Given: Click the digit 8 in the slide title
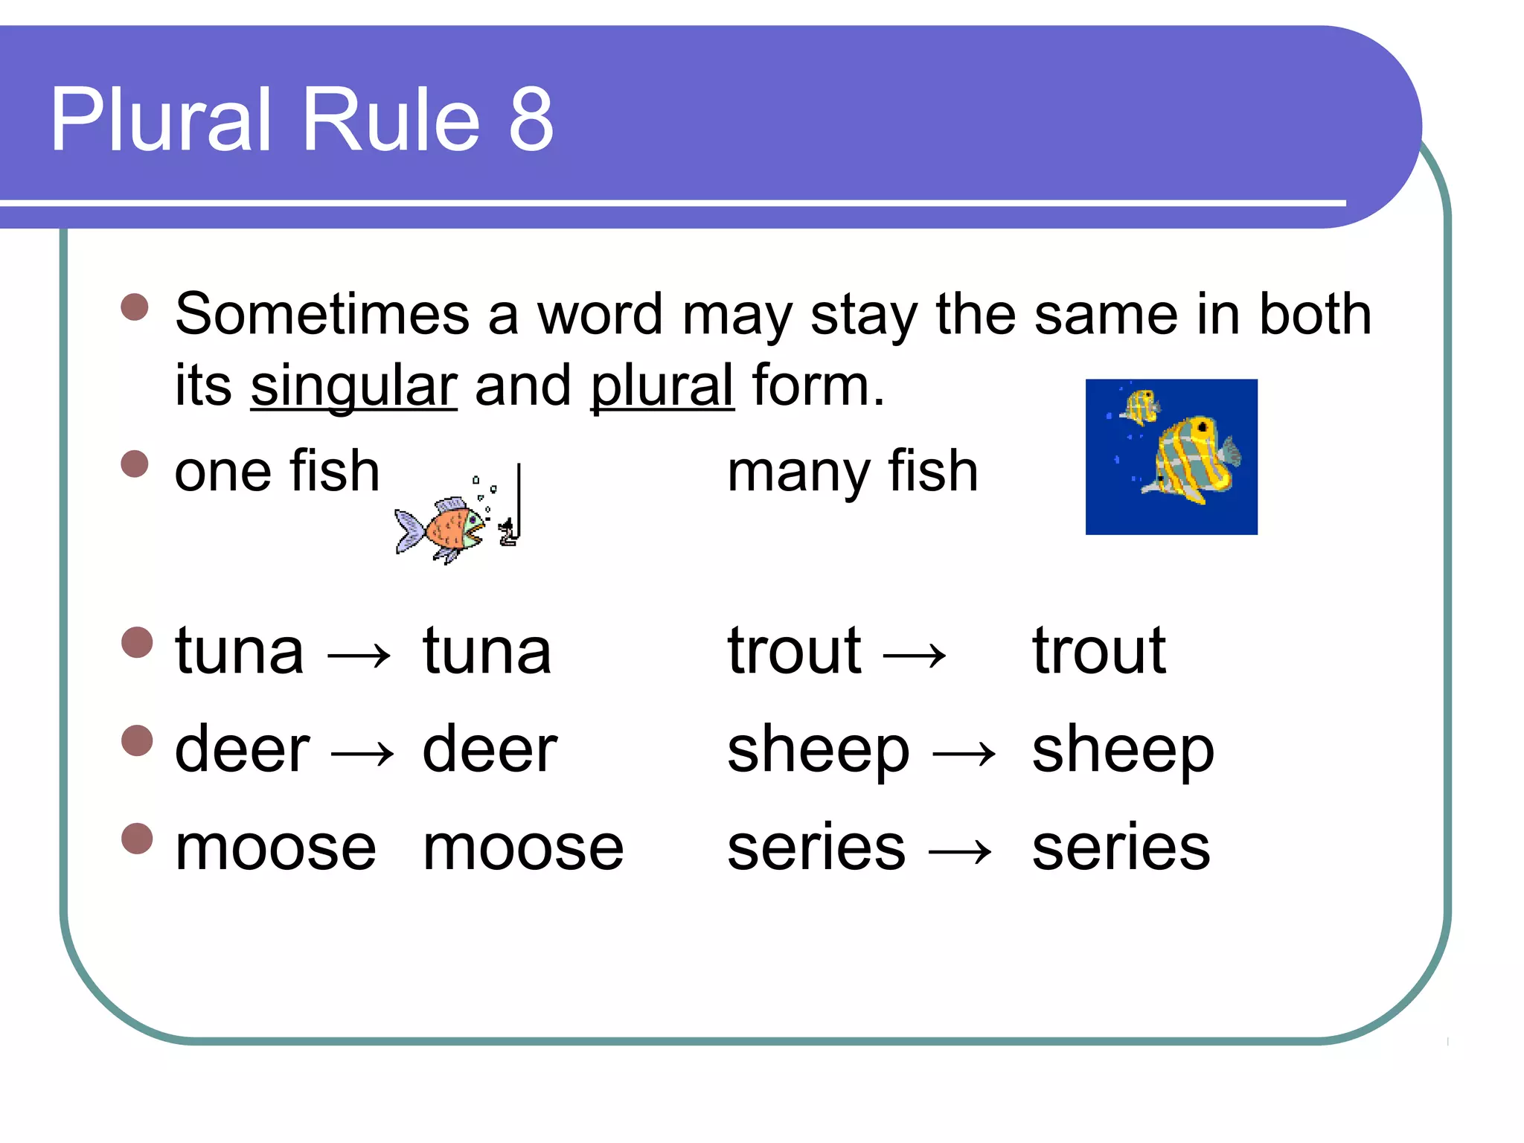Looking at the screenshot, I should [x=531, y=120].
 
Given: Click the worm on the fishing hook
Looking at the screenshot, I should [x=508, y=532].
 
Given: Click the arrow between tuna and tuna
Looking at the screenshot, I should [x=360, y=656].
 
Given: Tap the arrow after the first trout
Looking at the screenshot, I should [x=915, y=656].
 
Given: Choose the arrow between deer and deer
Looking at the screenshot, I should [x=362, y=754].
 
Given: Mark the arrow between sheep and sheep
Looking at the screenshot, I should [x=964, y=754].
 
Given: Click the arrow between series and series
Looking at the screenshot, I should [x=961, y=851].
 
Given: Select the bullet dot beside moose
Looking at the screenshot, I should [x=137, y=839].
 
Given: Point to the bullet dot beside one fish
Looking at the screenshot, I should [x=135, y=464].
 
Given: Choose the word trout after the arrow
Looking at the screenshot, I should [x=1098, y=651].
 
